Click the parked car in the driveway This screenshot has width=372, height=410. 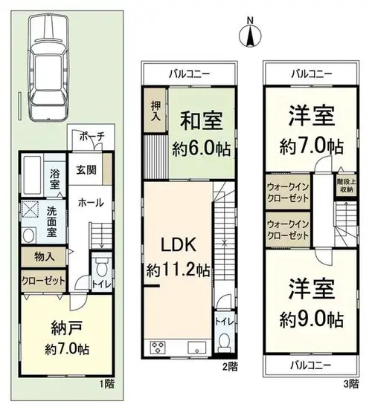(48, 68)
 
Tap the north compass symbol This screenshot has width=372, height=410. (251, 33)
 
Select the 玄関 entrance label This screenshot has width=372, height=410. (86, 170)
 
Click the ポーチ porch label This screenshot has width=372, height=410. (92, 137)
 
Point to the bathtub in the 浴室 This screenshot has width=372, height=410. (32, 175)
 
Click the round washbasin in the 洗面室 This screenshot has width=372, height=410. (29, 235)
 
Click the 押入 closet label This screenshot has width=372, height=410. (156, 111)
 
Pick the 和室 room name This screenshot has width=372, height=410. (201, 121)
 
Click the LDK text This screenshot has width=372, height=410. (178, 245)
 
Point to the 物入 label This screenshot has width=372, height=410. (45, 257)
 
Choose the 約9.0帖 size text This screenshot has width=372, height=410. (312, 319)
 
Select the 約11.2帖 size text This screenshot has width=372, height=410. (178, 270)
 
